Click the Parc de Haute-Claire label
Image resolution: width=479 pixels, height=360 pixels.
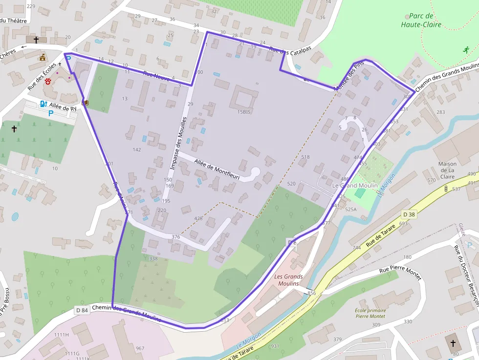421,20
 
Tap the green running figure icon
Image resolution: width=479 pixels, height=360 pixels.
466,49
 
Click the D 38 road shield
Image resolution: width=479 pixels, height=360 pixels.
409,214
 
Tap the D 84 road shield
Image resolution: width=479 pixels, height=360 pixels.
82,310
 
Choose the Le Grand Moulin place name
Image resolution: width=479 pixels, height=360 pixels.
354,186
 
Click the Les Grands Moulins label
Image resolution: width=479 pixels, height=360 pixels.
288,280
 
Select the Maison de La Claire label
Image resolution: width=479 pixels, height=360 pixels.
447,170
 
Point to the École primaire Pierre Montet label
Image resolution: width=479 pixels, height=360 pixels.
370,313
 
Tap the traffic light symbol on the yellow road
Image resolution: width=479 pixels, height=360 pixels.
446,189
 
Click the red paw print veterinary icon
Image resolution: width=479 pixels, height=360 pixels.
48,82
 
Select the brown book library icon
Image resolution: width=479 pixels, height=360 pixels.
86,103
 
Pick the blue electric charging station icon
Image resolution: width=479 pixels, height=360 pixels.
43,104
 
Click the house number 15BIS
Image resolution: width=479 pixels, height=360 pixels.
244,112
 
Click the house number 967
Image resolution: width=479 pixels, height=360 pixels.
140,348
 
